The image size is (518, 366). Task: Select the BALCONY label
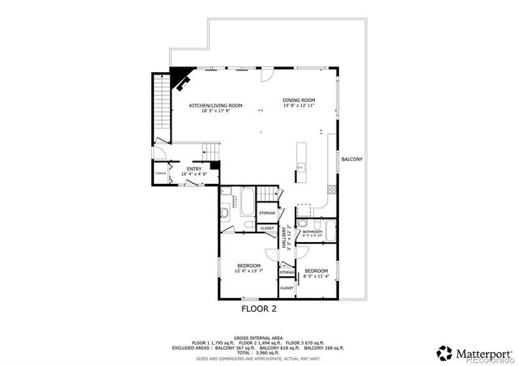pos(351,159)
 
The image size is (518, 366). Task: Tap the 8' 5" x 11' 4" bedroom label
pos(316,273)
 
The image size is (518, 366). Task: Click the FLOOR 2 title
pos(259,309)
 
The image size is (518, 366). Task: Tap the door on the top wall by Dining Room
pos(264,76)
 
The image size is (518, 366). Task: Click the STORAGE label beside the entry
pos(161,172)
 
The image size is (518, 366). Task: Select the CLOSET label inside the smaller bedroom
pos(287,288)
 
